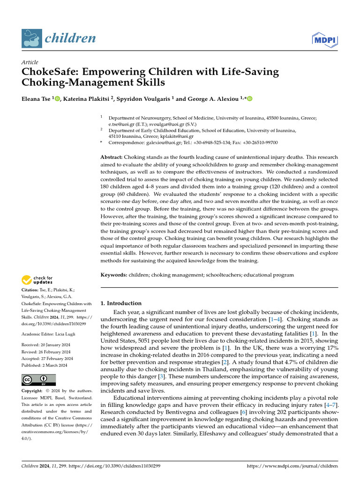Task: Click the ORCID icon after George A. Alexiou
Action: [249, 98]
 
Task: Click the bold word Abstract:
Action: [112, 157]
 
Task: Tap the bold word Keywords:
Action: [114, 275]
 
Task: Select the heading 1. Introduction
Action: [121, 303]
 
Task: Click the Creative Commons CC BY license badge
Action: [38, 380]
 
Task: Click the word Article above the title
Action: [30, 62]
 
